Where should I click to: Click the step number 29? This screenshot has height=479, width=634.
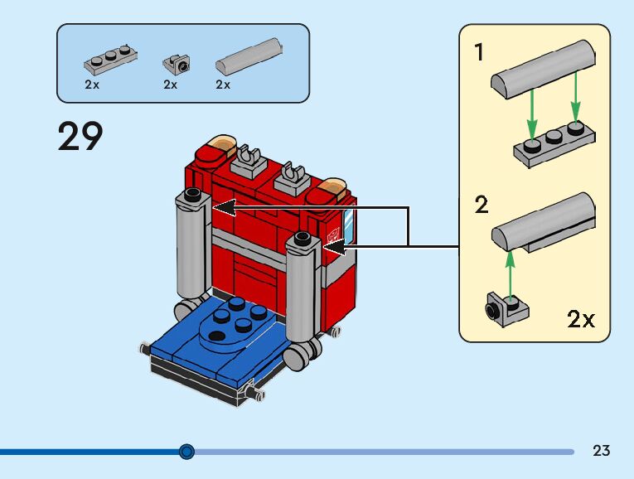80,136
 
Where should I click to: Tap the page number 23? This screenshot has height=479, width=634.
602,451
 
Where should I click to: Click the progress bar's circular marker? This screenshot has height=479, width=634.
186,452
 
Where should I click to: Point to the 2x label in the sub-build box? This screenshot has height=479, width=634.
581,319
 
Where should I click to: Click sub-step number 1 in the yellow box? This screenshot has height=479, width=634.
479,53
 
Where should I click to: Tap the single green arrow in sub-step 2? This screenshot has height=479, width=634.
511,272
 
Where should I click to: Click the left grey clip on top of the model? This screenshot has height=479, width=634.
248,156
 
